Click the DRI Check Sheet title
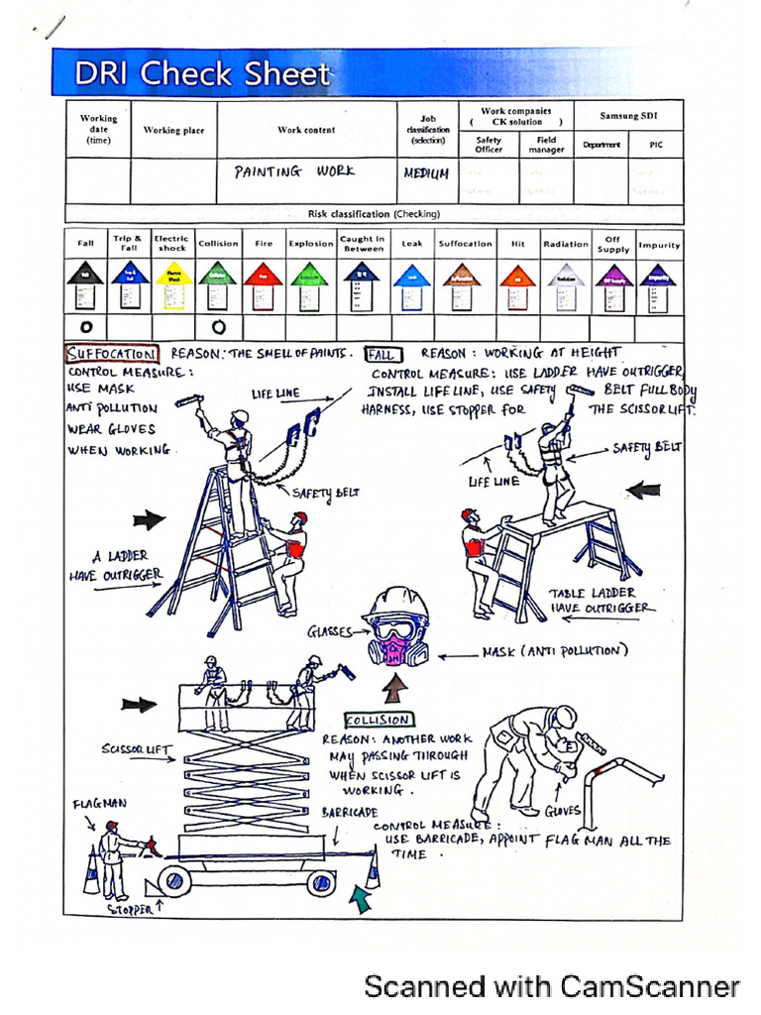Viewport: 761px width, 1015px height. [x=203, y=74]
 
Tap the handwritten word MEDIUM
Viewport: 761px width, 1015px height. [x=426, y=172]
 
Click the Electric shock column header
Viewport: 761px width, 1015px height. [x=171, y=243]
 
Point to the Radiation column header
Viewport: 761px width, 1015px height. [x=566, y=244]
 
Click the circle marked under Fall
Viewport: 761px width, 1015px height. [x=86, y=326]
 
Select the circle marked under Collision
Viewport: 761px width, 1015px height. [x=219, y=326]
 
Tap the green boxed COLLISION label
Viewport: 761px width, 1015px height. [x=379, y=721]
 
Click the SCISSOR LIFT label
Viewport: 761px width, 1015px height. [x=135, y=749]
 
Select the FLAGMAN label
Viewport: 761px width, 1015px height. [x=100, y=803]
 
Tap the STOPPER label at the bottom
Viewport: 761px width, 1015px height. [x=131, y=908]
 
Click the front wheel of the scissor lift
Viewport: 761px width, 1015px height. [x=175, y=880]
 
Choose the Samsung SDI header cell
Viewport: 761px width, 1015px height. [x=627, y=116]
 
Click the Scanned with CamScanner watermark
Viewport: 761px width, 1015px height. [x=552, y=986]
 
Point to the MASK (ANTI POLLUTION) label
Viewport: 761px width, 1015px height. [x=555, y=651]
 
